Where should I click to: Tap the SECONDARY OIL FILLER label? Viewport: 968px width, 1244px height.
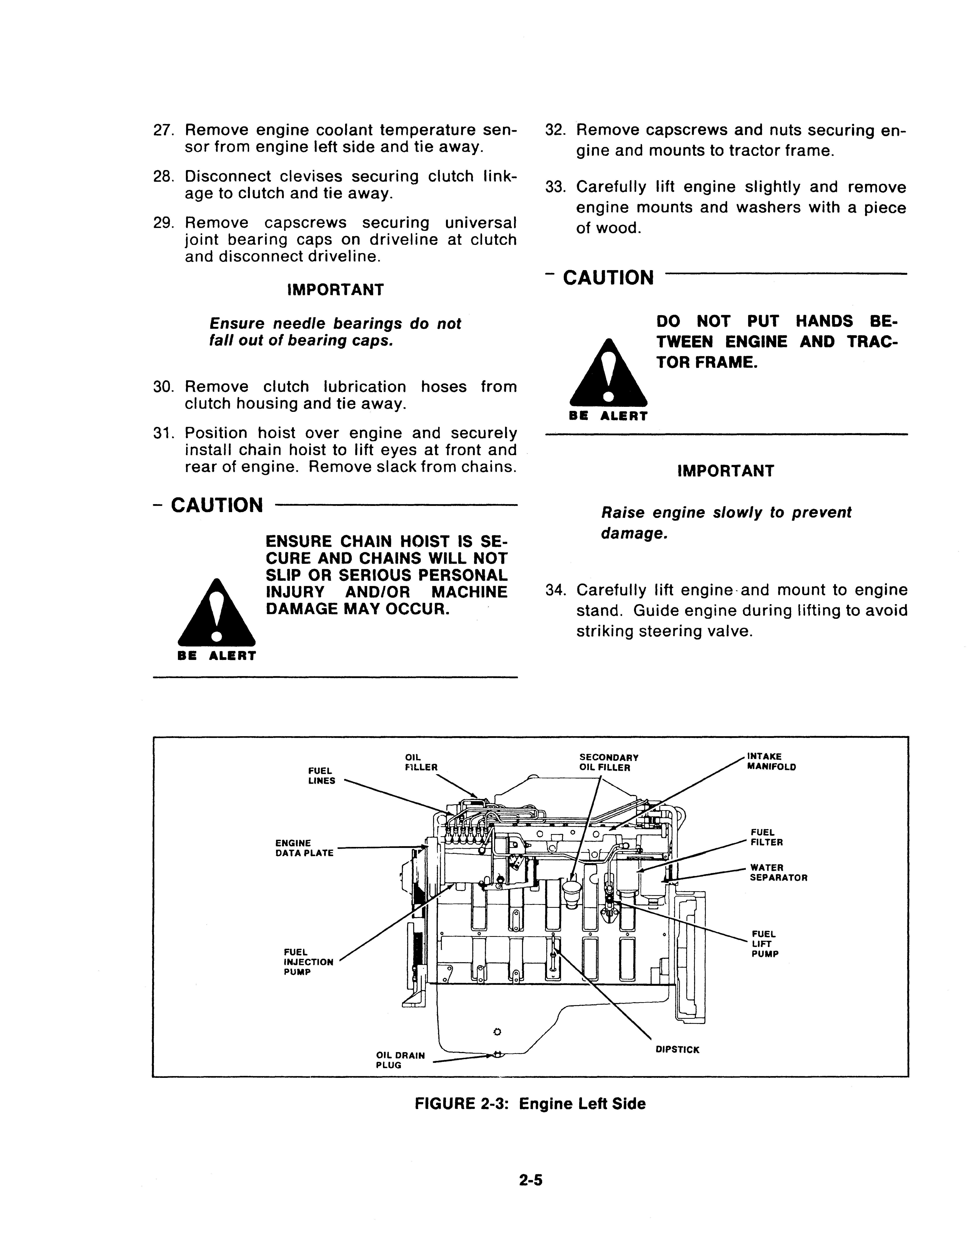click(x=608, y=762)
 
